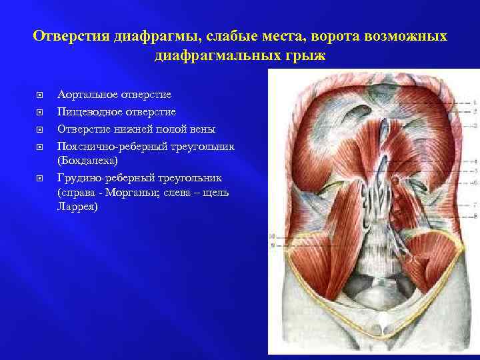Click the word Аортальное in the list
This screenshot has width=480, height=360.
[87, 95]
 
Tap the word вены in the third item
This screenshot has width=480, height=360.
[202, 128]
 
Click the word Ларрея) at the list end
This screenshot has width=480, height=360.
[77, 207]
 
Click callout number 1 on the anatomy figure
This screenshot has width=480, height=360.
[475, 101]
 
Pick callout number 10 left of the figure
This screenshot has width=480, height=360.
[272, 236]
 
